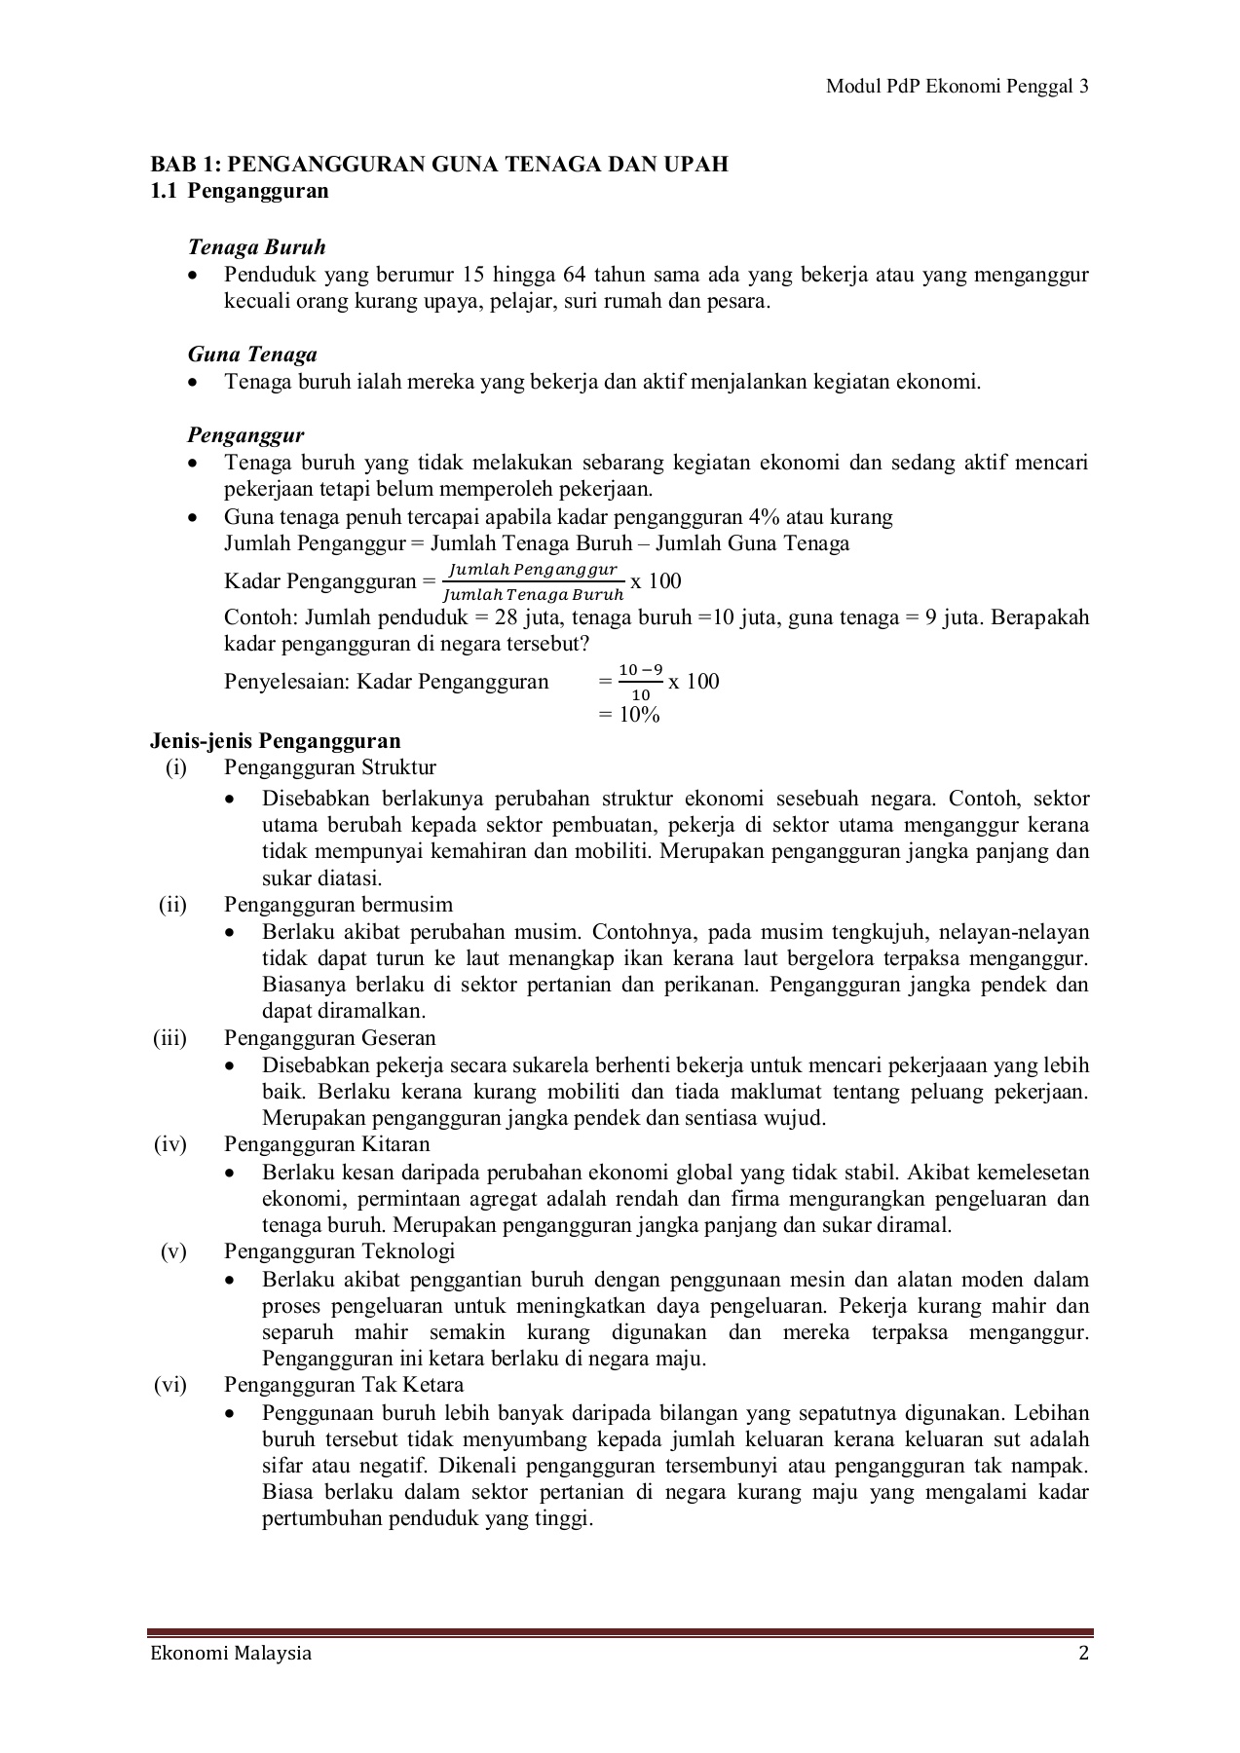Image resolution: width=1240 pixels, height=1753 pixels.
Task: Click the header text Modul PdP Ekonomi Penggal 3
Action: point(957,87)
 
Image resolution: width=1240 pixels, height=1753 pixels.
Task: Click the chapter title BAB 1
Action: point(438,164)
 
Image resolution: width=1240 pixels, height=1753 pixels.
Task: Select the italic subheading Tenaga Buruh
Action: point(256,247)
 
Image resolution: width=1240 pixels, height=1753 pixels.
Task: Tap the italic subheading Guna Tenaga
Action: point(252,354)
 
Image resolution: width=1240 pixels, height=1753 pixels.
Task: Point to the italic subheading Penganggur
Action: point(245,435)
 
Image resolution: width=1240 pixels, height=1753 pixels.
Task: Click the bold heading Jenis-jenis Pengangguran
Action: point(275,741)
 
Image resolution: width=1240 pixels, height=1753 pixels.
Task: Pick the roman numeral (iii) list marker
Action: point(169,1038)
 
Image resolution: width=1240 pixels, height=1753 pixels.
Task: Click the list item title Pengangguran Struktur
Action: point(329,767)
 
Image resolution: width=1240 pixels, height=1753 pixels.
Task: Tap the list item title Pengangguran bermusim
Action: point(338,905)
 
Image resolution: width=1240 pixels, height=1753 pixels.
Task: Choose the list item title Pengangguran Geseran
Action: point(329,1038)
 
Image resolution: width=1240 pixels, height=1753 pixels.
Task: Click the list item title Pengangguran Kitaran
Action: point(326,1144)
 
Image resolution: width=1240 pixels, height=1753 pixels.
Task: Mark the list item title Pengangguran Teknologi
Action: point(339,1251)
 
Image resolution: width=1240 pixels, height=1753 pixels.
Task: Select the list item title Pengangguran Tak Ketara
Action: point(343,1385)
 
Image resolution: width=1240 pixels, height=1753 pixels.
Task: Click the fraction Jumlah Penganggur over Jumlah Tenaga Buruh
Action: point(532,581)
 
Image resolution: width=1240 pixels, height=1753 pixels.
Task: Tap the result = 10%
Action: point(629,715)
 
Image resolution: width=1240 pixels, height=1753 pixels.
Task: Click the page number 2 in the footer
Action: point(1083,1654)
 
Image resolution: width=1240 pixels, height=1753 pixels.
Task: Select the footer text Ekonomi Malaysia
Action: point(230,1654)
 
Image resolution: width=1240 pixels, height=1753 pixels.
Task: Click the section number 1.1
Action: point(164,191)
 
